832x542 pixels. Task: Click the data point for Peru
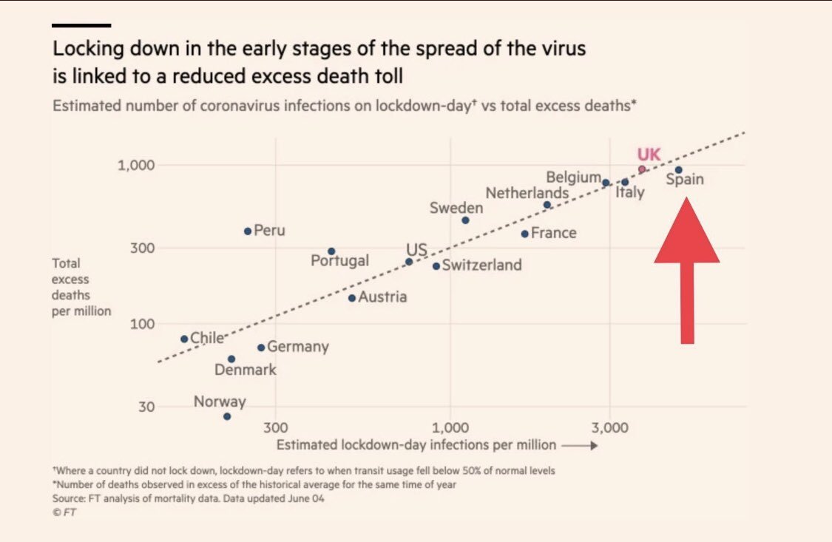click(x=248, y=231)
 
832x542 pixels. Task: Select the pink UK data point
click(x=642, y=169)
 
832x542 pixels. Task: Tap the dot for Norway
click(x=227, y=416)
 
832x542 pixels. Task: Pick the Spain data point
click(x=678, y=170)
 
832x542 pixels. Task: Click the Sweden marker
click(x=465, y=220)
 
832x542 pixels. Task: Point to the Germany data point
click(x=261, y=348)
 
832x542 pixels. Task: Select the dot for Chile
click(x=185, y=339)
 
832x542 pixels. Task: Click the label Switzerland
click(x=481, y=265)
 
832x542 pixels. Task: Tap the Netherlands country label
click(x=527, y=193)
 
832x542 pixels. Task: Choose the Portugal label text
click(x=339, y=260)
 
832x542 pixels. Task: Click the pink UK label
click(x=649, y=155)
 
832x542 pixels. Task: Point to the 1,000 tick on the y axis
click(x=136, y=165)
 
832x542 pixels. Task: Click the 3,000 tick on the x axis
click(x=609, y=428)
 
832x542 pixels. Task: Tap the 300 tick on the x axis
click(x=275, y=428)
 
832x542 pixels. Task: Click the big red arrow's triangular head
click(x=686, y=235)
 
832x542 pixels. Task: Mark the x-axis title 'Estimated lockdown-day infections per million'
click(x=416, y=444)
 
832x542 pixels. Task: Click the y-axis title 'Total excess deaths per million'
click(x=81, y=287)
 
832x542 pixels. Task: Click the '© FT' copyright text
click(x=64, y=512)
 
